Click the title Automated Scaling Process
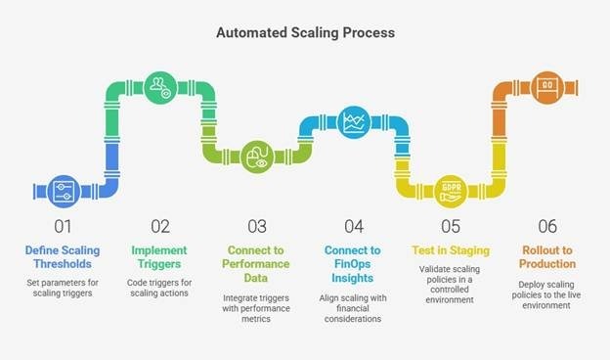(x=304, y=32)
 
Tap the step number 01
(x=63, y=227)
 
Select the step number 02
(x=159, y=227)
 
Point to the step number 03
(x=256, y=227)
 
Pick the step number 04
(x=353, y=227)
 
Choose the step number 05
(x=450, y=227)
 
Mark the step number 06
(x=546, y=227)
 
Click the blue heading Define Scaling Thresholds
(x=63, y=257)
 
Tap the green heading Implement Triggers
(x=159, y=257)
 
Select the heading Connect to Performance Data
(x=256, y=264)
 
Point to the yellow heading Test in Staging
(x=450, y=250)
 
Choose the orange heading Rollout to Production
(x=546, y=257)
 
